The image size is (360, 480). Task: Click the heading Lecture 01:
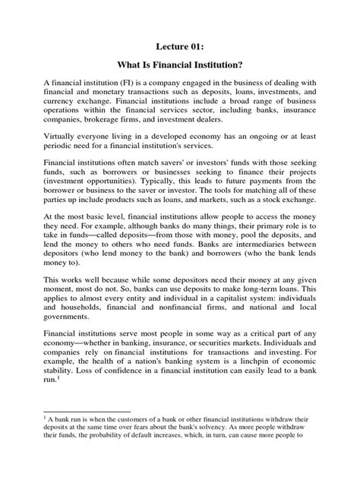pyautogui.click(x=179, y=46)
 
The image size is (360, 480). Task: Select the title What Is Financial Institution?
pyautogui.click(x=179, y=67)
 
